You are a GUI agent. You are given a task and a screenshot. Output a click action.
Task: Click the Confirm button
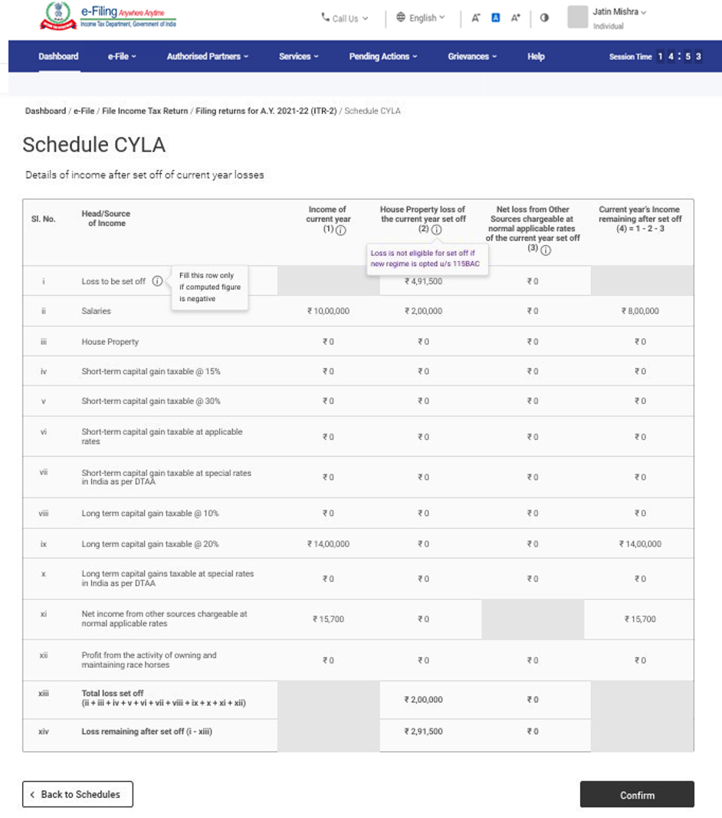pyautogui.click(x=637, y=795)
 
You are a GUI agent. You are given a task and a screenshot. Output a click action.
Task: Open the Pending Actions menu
pyautogui.click(x=383, y=57)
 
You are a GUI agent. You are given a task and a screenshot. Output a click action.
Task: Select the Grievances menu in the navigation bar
pyautogui.click(x=472, y=57)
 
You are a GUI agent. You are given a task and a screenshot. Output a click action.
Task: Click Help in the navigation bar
pyautogui.click(x=536, y=57)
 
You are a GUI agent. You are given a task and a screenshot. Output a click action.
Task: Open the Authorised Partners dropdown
pyautogui.click(x=207, y=57)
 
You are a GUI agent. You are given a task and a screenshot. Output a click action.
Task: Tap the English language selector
pyautogui.click(x=421, y=18)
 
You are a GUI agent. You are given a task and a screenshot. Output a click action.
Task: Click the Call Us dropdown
pyautogui.click(x=345, y=18)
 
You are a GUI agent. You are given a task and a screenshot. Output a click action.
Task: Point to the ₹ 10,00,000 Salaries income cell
pyautogui.click(x=328, y=311)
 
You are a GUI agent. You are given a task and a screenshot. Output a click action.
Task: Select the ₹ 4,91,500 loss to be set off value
pyautogui.click(x=423, y=281)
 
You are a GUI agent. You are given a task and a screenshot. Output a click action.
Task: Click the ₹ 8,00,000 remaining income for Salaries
pyautogui.click(x=639, y=311)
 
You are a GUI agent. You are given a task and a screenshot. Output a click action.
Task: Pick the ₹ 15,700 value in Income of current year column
pyautogui.click(x=328, y=619)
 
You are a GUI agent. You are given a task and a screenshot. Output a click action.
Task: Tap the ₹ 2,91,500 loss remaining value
pyautogui.click(x=423, y=731)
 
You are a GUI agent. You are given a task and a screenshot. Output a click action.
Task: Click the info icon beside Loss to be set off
pyautogui.click(x=157, y=281)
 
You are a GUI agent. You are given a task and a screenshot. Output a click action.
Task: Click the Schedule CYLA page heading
pyautogui.click(x=94, y=145)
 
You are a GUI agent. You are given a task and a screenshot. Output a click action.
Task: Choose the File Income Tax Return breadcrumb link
pyautogui.click(x=145, y=111)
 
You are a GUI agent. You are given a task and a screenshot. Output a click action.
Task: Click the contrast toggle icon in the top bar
pyautogui.click(x=544, y=18)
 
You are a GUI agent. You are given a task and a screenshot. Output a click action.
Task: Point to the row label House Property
pyautogui.click(x=110, y=341)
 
